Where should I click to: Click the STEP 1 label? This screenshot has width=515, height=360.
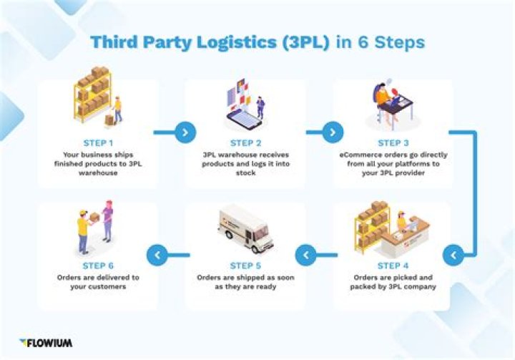[x=98, y=143]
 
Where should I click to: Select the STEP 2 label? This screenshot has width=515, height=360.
[x=245, y=143]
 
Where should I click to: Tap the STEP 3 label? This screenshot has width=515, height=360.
[x=393, y=143]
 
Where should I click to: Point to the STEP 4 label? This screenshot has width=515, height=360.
[x=393, y=265]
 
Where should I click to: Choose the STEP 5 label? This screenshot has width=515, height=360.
[x=245, y=265]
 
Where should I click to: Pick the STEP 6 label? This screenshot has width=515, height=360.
[x=98, y=265]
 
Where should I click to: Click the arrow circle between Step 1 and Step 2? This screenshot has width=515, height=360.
[x=185, y=132]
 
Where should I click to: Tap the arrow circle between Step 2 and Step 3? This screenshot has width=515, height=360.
[x=333, y=132]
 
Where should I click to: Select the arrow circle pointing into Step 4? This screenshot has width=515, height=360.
[x=452, y=253]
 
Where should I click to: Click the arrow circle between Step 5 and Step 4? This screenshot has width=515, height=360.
[x=306, y=253]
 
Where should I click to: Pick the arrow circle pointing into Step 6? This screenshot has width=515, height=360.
[x=158, y=253]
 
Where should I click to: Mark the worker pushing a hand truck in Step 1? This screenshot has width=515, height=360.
[x=117, y=110]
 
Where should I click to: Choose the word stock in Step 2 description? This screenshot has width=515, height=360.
[x=245, y=172]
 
